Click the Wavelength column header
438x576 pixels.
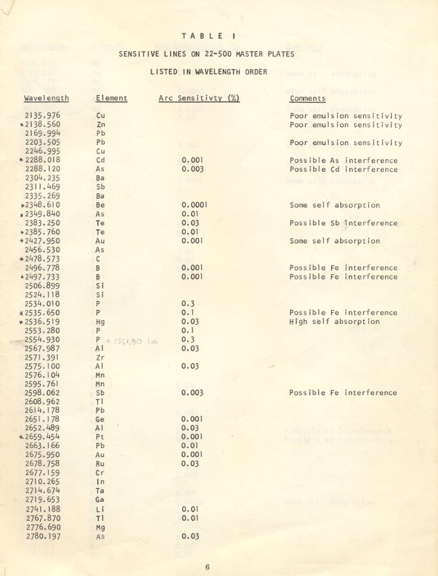click(x=46, y=98)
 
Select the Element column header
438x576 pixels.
click(x=111, y=98)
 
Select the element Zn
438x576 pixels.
click(x=102, y=126)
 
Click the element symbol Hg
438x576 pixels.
click(x=102, y=322)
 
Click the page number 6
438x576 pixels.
click(x=208, y=567)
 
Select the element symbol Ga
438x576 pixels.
click(x=101, y=500)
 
